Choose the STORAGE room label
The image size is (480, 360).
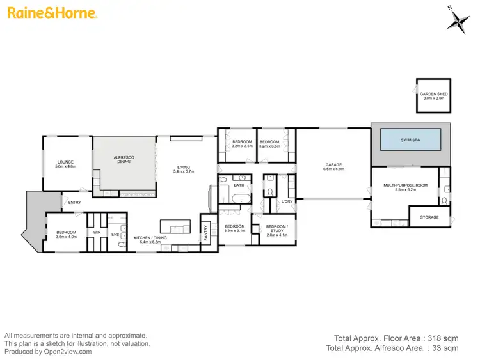[x=429, y=217]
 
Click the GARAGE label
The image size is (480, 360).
[x=332, y=165]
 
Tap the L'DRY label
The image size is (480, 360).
[x=287, y=202]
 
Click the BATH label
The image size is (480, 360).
[x=239, y=185]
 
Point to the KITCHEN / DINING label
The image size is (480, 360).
[x=152, y=238]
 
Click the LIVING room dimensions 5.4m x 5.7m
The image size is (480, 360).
[x=184, y=172]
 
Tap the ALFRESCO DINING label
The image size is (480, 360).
[x=123, y=160]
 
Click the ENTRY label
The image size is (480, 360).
[x=74, y=203]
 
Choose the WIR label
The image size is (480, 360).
[x=97, y=232]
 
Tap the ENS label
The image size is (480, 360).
[x=115, y=235]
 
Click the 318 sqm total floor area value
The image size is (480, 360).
[x=445, y=338]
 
